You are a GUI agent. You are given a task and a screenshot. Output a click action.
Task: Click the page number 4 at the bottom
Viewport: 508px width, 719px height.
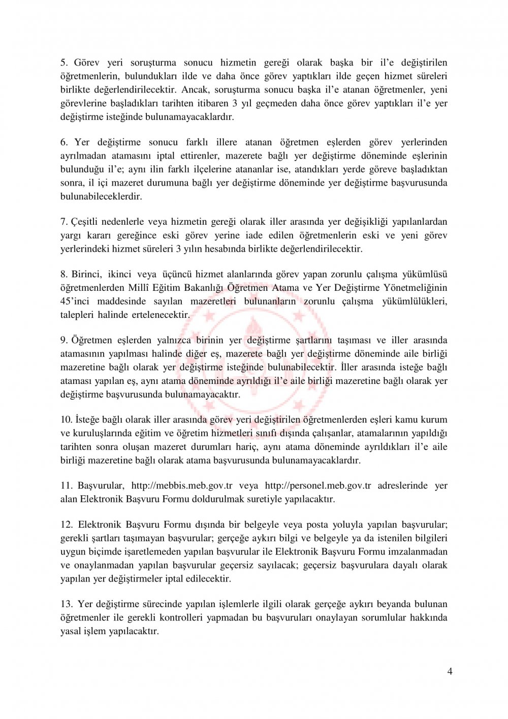click(x=450, y=671)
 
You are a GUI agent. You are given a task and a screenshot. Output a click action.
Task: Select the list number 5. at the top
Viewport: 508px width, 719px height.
click(x=64, y=63)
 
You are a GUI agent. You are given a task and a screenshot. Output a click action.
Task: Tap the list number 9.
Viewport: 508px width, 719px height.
click(x=64, y=340)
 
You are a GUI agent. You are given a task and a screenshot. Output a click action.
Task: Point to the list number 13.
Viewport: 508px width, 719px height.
click(x=67, y=604)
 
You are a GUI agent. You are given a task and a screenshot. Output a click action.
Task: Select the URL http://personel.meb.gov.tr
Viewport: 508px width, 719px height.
click(x=317, y=486)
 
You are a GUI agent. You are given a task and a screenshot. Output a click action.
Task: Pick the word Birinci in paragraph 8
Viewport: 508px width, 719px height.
click(x=87, y=275)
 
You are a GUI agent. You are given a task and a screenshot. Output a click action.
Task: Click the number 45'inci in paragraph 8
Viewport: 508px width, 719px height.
click(x=75, y=301)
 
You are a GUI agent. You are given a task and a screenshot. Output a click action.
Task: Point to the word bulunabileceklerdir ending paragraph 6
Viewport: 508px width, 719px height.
click(x=101, y=196)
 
